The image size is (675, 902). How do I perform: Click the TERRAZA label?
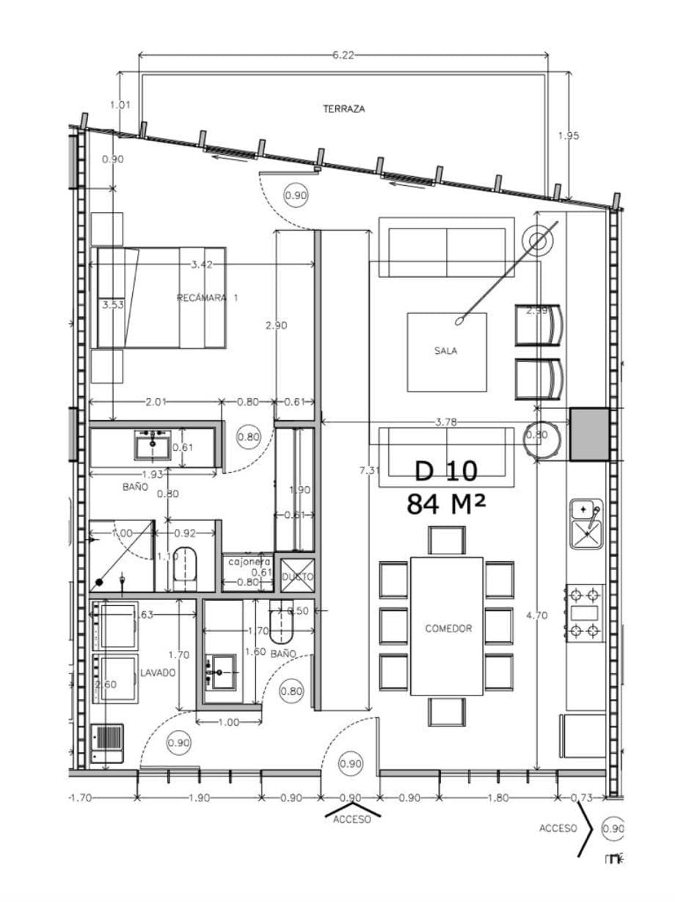[x=343, y=109]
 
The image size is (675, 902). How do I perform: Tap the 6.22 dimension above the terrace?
[x=343, y=55]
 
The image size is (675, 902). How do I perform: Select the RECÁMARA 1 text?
[x=207, y=298]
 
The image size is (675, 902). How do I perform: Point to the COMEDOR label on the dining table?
[x=448, y=629]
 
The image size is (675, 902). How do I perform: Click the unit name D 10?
[x=445, y=471]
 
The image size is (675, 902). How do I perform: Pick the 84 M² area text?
[x=445, y=505]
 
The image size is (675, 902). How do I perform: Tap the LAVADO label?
[x=158, y=672]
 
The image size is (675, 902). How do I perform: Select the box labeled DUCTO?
[x=298, y=577]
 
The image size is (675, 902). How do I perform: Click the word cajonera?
[x=249, y=562]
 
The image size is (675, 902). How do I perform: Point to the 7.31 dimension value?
[x=368, y=470]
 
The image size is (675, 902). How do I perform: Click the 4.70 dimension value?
[x=536, y=616]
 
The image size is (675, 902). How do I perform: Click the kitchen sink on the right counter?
[x=586, y=524]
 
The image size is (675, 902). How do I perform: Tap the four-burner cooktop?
[x=585, y=611]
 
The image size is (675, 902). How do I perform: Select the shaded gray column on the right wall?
[x=590, y=434]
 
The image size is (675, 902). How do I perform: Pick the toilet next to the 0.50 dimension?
[x=281, y=627]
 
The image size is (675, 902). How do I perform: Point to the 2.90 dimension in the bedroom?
[x=276, y=325]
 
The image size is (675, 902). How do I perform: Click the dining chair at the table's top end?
[x=446, y=540]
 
